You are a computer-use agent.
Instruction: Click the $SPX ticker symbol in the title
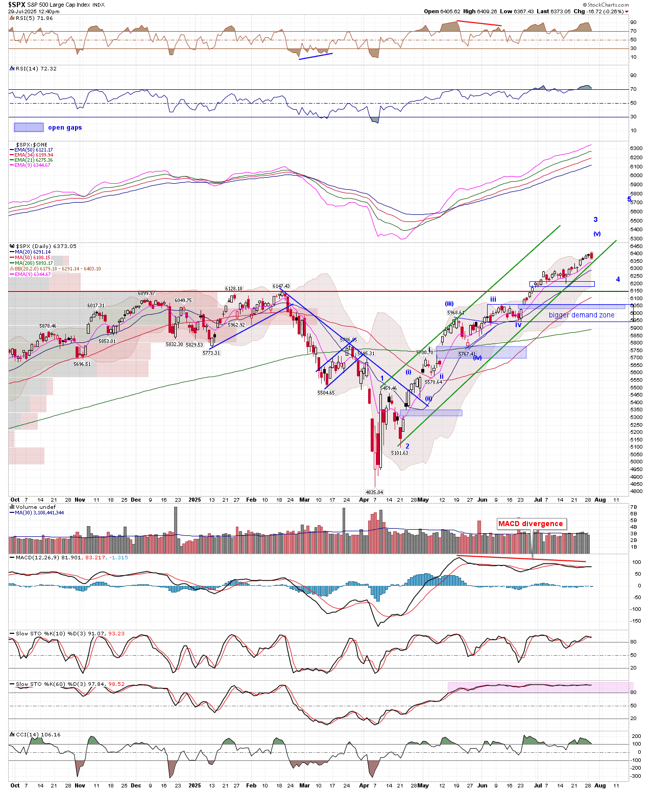click(x=16, y=5)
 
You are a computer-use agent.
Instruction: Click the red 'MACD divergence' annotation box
click(x=531, y=524)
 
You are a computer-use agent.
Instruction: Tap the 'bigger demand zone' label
click(x=582, y=315)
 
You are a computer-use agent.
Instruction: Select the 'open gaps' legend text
click(x=65, y=128)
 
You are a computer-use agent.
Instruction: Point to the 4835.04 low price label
click(x=374, y=492)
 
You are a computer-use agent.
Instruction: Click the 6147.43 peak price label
click(x=281, y=286)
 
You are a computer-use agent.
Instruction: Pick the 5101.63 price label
click(x=400, y=453)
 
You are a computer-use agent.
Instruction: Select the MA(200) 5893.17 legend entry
click(x=34, y=263)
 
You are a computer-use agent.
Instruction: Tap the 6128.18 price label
click(x=234, y=289)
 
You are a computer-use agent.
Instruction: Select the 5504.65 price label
click(x=326, y=393)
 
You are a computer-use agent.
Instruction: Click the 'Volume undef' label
click(x=35, y=507)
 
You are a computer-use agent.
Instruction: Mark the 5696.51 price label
click(x=82, y=364)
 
